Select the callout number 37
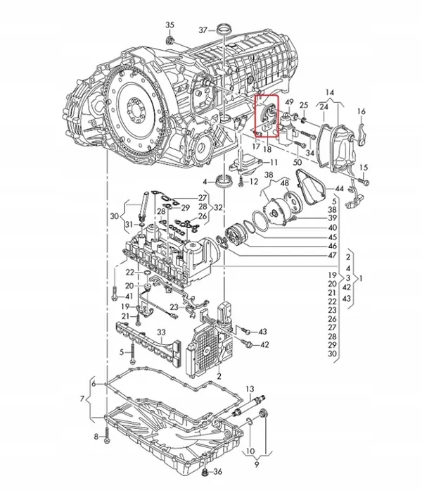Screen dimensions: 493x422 coord(203,30)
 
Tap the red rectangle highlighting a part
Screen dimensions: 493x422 coord(267,117)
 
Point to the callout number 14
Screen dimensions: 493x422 coord(331,92)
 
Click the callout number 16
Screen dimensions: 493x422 coord(362,112)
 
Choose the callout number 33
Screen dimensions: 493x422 coord(161,332)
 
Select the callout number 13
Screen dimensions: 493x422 coord(250,389)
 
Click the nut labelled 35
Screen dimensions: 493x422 coord(171,41)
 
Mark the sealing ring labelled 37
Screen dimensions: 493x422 coord(224,30)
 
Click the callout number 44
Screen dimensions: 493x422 coord(339,189)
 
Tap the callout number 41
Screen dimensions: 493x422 coord(128,297)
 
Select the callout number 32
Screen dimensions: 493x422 coord(219,207)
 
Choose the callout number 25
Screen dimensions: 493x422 coord(305,105)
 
